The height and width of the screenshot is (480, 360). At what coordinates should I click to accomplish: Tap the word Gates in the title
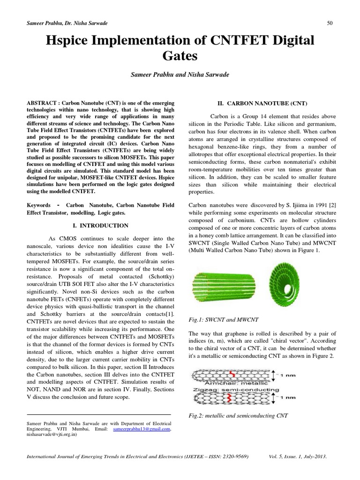pyautogui.click(x=180, y=57)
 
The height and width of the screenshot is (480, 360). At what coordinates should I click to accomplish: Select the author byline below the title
pyautogui.click(x=180, y=75)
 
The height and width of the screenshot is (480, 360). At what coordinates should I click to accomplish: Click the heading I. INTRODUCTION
pyautogui.click(x=102, y=225)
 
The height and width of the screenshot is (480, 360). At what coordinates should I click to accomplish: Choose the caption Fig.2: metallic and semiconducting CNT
pyautogui.click(x=238, y=415)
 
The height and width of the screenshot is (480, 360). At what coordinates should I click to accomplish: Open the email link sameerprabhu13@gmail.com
pyautogui.click(x=142, y=428)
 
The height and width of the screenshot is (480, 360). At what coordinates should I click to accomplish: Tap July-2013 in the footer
pyautogui.click(x=315, y=456)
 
